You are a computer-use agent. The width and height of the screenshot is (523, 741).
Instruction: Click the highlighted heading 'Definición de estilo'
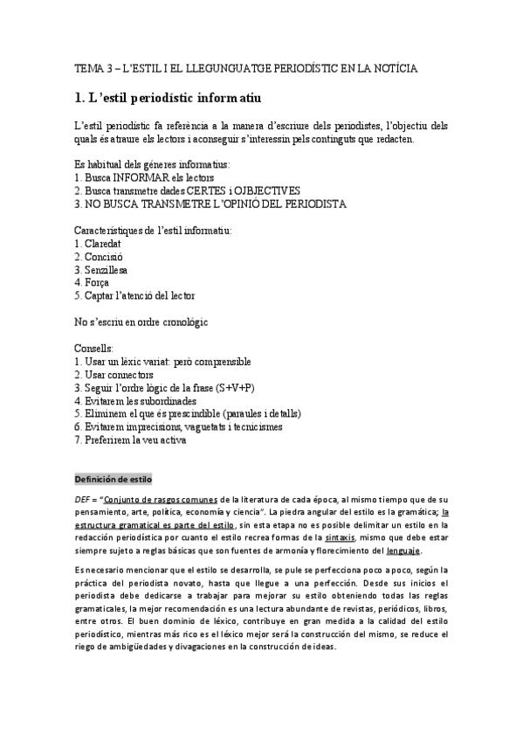pyautogui.click(x=114, y=480)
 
